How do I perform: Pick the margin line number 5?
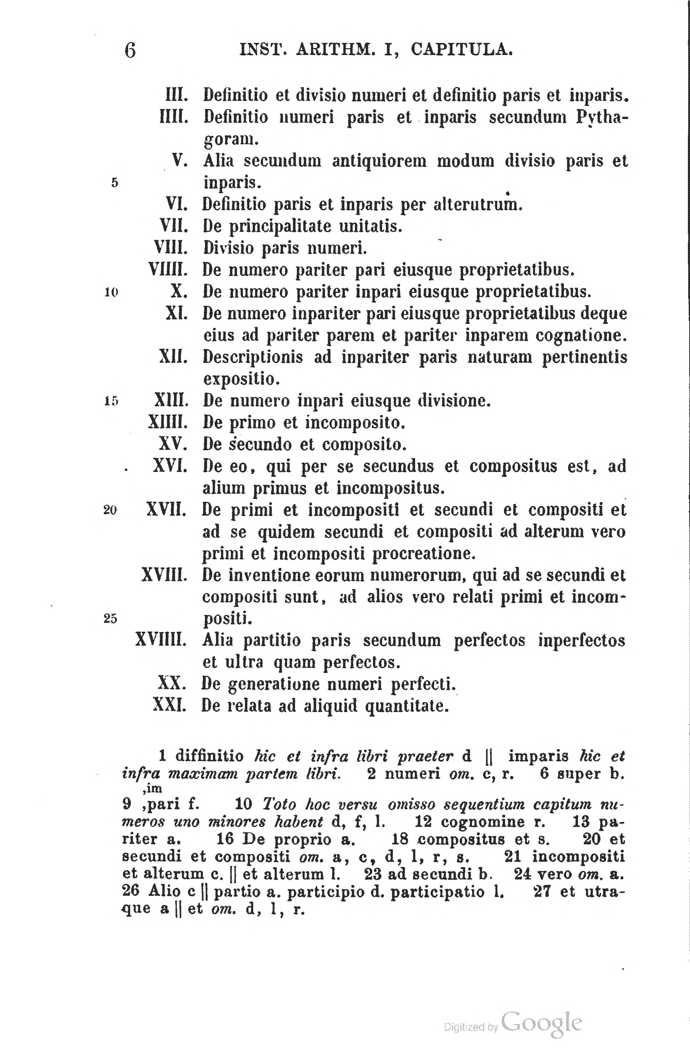coord(115,183)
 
